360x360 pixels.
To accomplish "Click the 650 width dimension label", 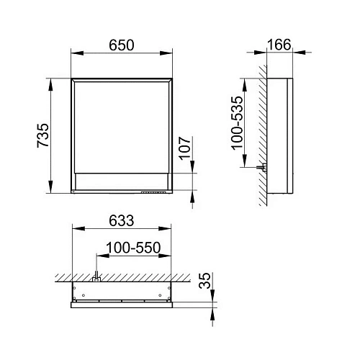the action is click(x=122, y=45).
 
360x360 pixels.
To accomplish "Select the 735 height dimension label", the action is click(x=43, y=135).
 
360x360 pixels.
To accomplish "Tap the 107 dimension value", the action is click(x=185, y=148).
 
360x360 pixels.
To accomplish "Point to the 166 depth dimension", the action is click(x=279, y=45).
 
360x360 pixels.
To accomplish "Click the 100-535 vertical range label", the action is click(x=237, y=123).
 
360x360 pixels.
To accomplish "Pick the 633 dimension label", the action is click(x=122, y=220).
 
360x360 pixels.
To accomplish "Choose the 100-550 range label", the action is click(x=133, y=248).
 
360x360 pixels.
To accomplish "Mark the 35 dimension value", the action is click(x=205, y=280).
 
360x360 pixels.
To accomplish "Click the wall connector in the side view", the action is click(x=261, y=167).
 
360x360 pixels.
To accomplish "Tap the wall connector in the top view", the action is click(x=96, y=276).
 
